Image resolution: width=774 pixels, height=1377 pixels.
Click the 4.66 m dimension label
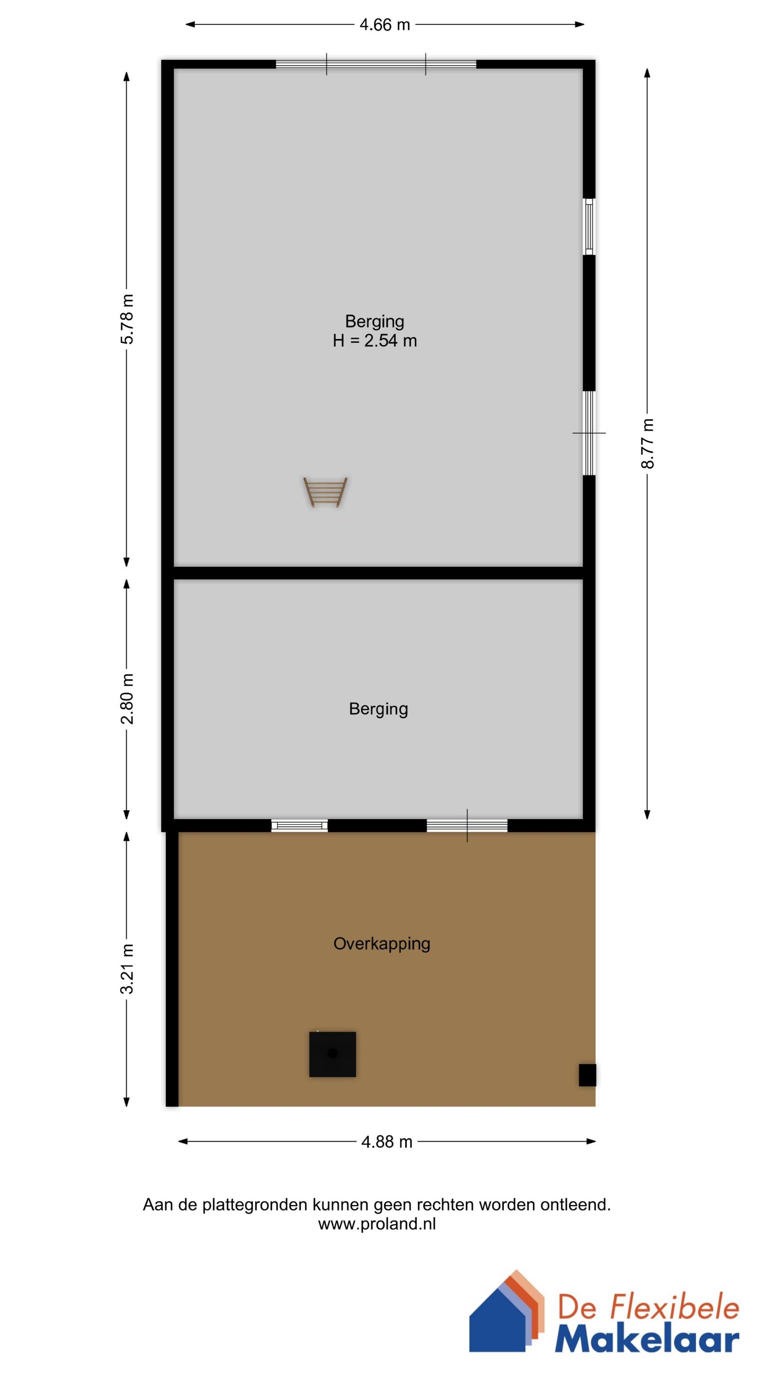385,25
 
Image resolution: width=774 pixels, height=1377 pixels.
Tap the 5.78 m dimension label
127,319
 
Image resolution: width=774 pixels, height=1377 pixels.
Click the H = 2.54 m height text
375,341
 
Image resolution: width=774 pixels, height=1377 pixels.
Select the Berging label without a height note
378,709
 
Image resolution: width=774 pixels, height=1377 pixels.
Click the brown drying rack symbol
325,492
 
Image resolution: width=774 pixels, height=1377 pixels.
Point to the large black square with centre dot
332,1053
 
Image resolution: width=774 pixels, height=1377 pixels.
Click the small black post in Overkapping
587,1075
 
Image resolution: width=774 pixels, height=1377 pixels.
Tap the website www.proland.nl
376,1224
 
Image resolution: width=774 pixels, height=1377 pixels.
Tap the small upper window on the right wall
589,227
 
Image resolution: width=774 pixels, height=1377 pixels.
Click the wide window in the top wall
376,64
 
